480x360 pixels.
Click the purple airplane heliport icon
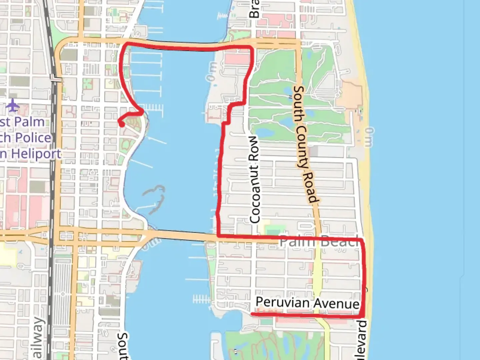pos(13,106)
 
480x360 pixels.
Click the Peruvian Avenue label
pos(307,303)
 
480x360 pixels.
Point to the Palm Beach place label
pos(319,241)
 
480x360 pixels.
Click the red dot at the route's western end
pos(122,124)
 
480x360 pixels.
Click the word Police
pos(33,138)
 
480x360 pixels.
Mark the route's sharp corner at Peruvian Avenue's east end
pos(362,315)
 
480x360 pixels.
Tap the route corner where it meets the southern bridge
pos(218,236)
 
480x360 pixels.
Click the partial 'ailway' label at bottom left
pos(38,338)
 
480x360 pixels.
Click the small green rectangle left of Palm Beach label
pos(273,230)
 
